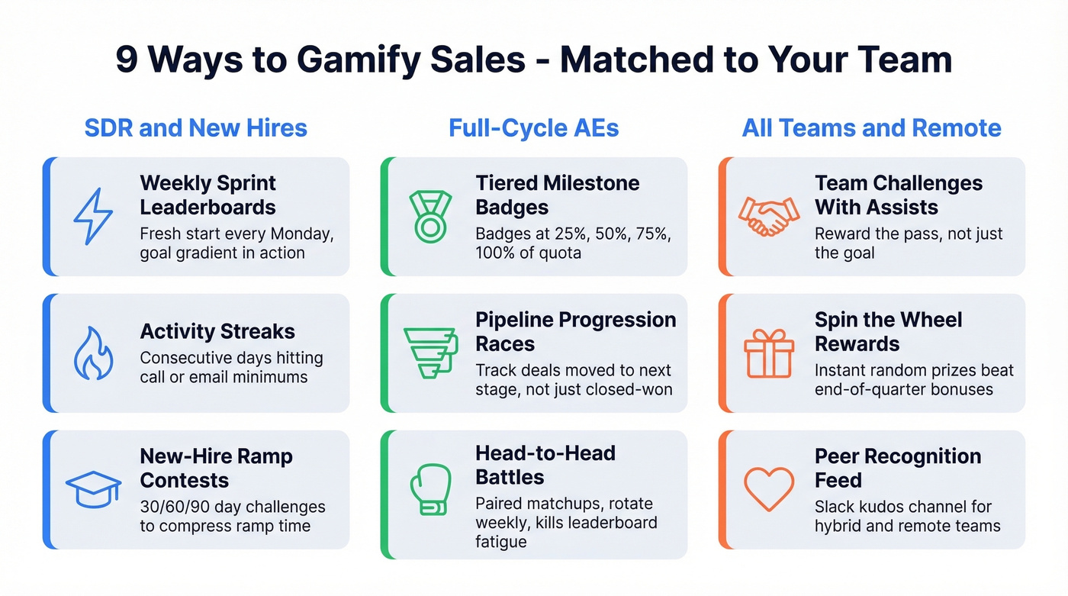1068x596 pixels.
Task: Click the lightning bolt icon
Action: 92,217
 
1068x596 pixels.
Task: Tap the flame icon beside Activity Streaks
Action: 93,353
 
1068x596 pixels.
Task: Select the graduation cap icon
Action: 93,489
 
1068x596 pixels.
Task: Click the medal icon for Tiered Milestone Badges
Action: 430,217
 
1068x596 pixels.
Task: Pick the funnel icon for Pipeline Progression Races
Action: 429,353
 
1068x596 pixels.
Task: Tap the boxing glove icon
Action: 430,489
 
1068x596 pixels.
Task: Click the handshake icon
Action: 769,217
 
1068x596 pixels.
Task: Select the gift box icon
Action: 768,353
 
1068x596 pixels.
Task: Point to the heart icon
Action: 768,489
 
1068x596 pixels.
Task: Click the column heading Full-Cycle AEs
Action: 533,127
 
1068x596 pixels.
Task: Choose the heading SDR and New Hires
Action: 196,127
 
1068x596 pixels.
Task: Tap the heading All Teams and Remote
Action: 871,127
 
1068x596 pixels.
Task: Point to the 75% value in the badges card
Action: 649,234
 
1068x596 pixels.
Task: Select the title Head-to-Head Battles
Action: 545,465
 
